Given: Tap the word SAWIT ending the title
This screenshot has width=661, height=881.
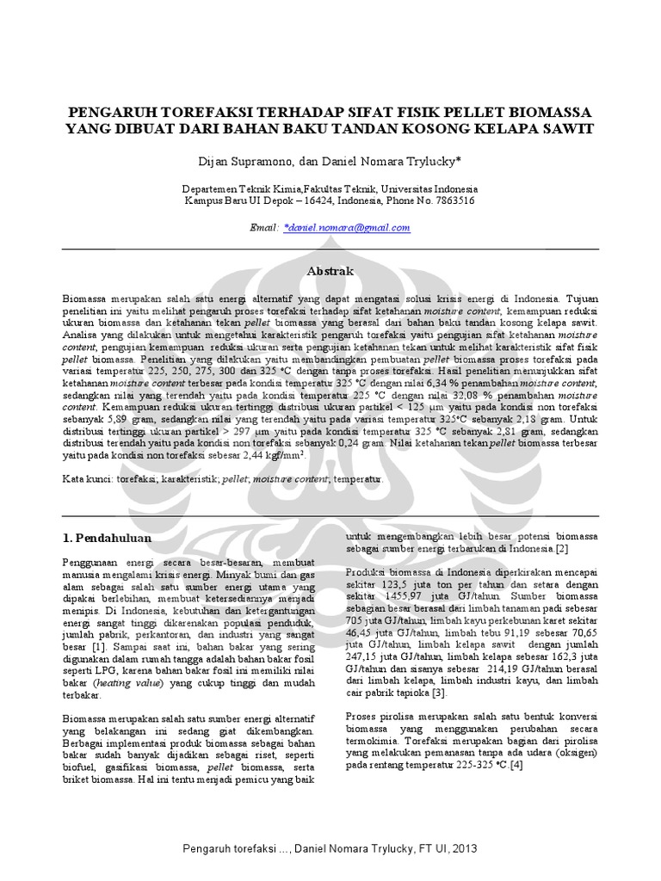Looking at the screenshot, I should click(x=565, y=129).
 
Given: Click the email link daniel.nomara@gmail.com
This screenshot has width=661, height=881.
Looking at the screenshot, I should click(x=348, y=227).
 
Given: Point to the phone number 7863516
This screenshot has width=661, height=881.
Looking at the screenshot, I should click(x=451, y=200).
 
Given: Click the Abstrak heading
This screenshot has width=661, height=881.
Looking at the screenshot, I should click(x=330, y=271).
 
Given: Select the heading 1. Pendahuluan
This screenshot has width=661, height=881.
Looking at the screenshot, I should click(x=108, y=538).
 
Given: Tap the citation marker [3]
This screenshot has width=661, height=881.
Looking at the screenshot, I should click(x=439, y=693).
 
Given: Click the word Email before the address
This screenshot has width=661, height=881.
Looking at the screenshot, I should click(x=263, y=227).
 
